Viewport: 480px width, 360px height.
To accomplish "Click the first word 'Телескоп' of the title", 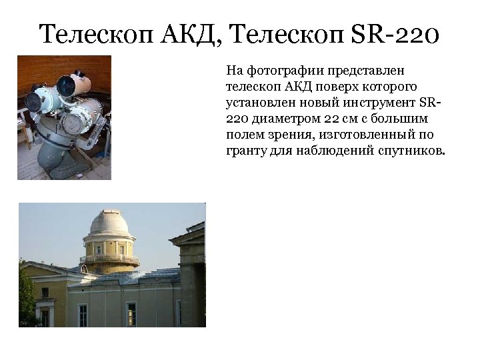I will pos(97,33).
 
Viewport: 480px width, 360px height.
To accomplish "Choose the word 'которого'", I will pos(387,87).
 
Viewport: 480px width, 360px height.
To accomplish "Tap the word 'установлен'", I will pos(259,103).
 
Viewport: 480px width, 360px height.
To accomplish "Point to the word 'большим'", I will pos(393,119).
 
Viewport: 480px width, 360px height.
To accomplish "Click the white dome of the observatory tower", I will pos(109,222).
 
